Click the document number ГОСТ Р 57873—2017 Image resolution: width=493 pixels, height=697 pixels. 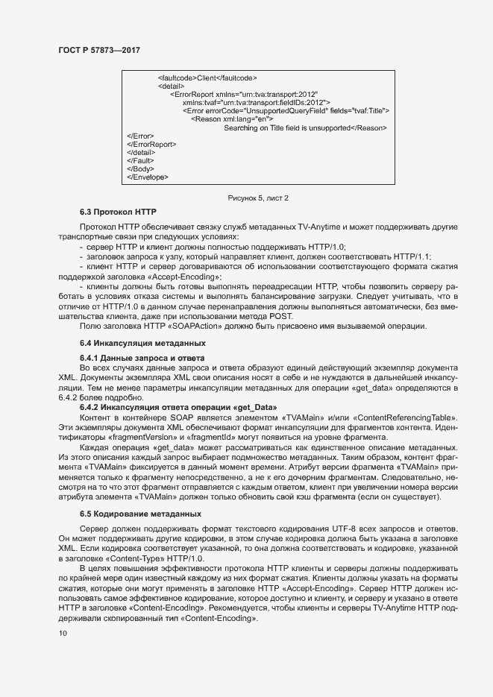pos(98,50)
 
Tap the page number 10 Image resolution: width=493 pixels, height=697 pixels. pos(63,634)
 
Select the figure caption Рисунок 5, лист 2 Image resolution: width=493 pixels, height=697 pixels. pos(258,198)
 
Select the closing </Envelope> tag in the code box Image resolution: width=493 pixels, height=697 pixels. pos(148,177)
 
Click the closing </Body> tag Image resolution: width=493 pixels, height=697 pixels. pos(141,169)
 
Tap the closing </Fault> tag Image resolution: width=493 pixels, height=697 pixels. pos(141,160)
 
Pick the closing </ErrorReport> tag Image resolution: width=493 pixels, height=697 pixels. pos(152,144)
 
